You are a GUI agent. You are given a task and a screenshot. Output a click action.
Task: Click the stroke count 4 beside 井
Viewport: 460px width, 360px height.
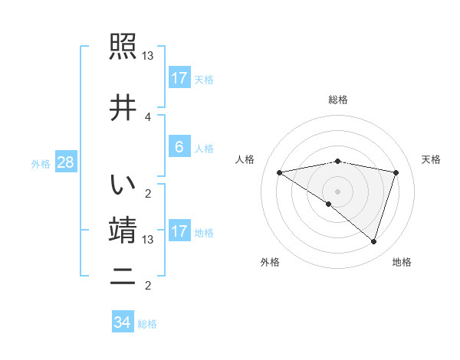148,116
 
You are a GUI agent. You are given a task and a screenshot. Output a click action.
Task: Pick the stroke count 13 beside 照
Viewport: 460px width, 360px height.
148,56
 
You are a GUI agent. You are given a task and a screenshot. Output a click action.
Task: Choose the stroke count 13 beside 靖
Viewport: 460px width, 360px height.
148,240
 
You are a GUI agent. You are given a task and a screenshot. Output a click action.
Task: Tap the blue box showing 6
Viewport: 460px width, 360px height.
179,146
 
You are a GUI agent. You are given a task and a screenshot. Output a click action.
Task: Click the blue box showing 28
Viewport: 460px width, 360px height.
65,162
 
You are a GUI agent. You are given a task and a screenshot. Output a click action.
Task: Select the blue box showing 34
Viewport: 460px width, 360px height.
122,322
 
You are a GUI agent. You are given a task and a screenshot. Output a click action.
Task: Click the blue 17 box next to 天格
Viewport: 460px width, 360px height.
179,78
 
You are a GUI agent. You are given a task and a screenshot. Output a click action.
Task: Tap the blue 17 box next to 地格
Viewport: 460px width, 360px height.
179,231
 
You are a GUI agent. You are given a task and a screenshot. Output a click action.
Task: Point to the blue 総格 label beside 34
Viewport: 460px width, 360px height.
147,324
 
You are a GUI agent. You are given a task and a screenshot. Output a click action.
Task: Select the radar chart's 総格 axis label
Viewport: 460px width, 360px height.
337,100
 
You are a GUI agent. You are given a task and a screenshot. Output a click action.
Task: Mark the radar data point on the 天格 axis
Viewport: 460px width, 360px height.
396,172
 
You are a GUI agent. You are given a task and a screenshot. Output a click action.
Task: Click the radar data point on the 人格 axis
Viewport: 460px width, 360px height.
279,172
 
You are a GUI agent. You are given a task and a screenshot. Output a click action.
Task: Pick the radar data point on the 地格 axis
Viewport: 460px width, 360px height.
373,241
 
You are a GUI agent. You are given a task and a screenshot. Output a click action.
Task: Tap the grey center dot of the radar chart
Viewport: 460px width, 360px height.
337,191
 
